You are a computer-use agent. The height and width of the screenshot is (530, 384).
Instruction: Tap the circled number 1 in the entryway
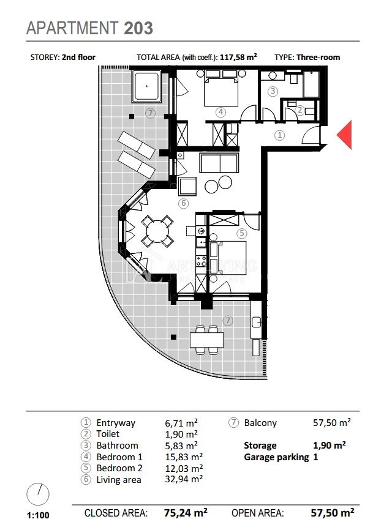[x=279, y=135]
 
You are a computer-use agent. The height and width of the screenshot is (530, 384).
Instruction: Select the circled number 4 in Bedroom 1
[x=220, y=112]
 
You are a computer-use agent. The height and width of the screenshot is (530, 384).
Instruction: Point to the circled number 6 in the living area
[x=183, y=203]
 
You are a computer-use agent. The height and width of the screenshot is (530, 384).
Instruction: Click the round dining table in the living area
[x=157, y=231]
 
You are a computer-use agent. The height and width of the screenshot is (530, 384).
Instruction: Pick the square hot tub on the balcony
[x=146, y=86]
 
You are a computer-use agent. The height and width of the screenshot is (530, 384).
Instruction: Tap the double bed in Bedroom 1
[x=220, y=92]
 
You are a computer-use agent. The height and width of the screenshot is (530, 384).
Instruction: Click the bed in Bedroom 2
[x=228, y=258]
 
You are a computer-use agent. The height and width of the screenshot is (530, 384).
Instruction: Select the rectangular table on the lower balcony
[x=207, y=340]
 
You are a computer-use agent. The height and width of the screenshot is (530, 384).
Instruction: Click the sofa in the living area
[x=219, y=163]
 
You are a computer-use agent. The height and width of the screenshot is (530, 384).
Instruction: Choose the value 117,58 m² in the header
[x=238, y=57]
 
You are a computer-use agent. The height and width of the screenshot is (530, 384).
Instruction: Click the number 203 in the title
[x=138, y=28]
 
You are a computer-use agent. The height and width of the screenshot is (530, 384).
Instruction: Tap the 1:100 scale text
[x=38, y=515]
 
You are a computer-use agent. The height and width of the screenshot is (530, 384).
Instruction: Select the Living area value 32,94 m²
[x=184, y=479]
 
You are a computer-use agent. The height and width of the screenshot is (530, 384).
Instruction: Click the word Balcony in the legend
[x=260, y=423]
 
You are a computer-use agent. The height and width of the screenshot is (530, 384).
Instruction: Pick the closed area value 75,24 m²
[x=186, y=513]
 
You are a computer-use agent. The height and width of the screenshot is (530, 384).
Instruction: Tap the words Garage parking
[x=276, y=457]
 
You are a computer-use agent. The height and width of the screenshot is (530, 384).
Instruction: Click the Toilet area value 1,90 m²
[x=181, y=434]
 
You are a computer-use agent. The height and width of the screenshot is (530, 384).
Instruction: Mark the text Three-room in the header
[x=318, y=57]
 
